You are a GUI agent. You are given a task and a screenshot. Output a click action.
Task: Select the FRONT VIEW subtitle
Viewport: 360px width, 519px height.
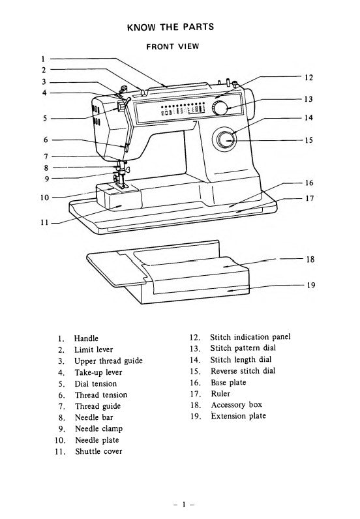[172, 46]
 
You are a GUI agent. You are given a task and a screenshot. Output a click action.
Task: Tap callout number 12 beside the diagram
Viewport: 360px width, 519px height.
[309, 77]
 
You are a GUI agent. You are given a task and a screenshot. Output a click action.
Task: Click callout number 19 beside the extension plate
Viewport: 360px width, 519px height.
[310, 285]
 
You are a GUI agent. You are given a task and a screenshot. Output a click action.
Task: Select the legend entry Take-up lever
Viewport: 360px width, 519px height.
[98, 372]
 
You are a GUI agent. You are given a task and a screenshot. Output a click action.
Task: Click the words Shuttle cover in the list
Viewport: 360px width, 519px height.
[98, 451]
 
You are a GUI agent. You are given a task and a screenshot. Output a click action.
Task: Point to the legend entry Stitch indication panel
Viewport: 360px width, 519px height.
[250, 337]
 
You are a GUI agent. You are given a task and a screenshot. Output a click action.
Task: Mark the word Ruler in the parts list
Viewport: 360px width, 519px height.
[220, 394]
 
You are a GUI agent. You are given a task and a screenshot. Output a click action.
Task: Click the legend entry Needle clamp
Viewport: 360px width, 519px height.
[98, 429]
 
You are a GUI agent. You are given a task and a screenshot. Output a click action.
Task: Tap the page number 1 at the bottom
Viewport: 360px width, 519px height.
[185, 505]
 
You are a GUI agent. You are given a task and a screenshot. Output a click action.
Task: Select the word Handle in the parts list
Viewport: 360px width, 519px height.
[86, 338]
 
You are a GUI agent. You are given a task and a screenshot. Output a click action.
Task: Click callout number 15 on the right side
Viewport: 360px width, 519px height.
[309, 140]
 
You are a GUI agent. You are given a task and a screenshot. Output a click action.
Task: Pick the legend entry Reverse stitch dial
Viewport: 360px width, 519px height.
[243, 371]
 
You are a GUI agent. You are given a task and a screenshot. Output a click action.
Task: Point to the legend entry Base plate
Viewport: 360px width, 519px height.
[227, 383]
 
